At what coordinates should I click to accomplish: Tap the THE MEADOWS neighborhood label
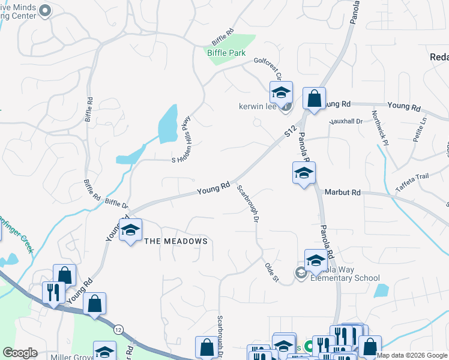point(176,241)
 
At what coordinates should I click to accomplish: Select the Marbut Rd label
point(342,193)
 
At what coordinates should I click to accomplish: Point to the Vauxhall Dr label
point(346,121)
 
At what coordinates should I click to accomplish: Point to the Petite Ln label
point(420,129)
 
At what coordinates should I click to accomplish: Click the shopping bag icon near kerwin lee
point(314,98)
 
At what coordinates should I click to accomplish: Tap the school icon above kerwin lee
point(280,94)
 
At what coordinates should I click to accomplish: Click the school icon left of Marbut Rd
point(304,174)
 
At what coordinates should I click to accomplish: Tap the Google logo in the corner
point(20,353)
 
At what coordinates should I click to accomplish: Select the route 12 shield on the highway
point(118,329)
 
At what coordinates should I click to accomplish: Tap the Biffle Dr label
point(116,203)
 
